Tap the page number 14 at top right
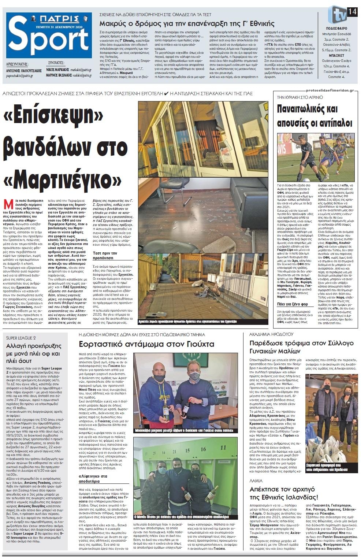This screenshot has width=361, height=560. coord(352,11)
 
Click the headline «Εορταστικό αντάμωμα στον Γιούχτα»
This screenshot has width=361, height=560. coord(147,344)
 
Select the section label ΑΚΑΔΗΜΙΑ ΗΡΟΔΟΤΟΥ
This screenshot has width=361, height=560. coord(271,334)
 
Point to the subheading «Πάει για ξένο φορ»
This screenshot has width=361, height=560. coord(292,304)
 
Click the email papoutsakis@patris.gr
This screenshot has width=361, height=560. coord(19,76)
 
